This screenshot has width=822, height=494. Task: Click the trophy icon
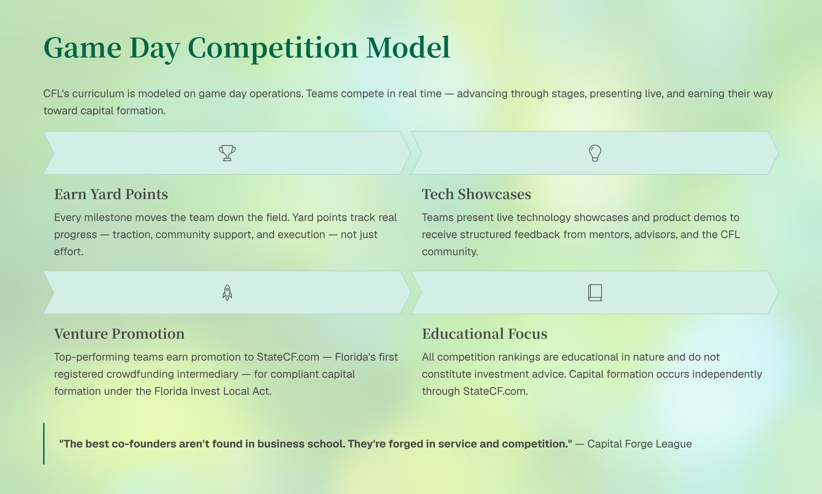pos(227,153)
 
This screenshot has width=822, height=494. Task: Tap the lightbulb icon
pos(595,153)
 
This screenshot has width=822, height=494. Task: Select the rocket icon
pos(227,293)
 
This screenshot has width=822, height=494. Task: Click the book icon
pos(595,293)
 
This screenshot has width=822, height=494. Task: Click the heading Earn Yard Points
pos(111,194)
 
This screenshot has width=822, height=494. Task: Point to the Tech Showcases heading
pos(476,194)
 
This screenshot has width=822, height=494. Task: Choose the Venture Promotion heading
pos(119,334)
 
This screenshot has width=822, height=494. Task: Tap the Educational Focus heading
pos(484,334)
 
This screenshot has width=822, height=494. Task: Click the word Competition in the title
pos(273,48)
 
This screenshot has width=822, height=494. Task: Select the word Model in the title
pos(408,47)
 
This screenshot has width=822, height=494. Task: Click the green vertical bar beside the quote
pos(44,443)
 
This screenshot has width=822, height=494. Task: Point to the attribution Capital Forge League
pos(639,444)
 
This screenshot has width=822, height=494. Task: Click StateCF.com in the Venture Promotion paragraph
pos(288,357)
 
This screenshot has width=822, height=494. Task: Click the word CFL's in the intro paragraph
pos(56,93)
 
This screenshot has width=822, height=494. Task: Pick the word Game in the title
pos(82,47)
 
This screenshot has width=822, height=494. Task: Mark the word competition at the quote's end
pos(535,444)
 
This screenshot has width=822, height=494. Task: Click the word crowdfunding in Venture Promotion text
pos(173,374)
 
